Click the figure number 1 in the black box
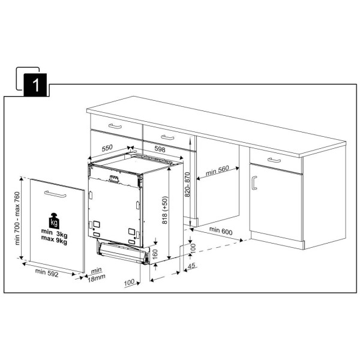pos(36,85)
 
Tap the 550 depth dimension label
pos(107,148)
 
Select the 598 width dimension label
pos(160,149)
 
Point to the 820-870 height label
pos(187,185)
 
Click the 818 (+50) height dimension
pos(165,210)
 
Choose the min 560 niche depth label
pos(217,170)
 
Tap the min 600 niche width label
pos(221,231)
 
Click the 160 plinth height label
pos(155,254)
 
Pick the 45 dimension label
pos(191,266)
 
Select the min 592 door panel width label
pos(47,273)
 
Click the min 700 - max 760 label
pos(17,218)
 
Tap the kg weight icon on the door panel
pos(54,221)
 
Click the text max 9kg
pos(54,242)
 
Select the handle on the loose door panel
pos(55,194)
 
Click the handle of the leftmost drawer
pos(115,126)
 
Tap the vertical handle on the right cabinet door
pos(254,183)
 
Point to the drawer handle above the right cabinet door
pos(274,160)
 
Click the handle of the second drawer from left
pos(167,137)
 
